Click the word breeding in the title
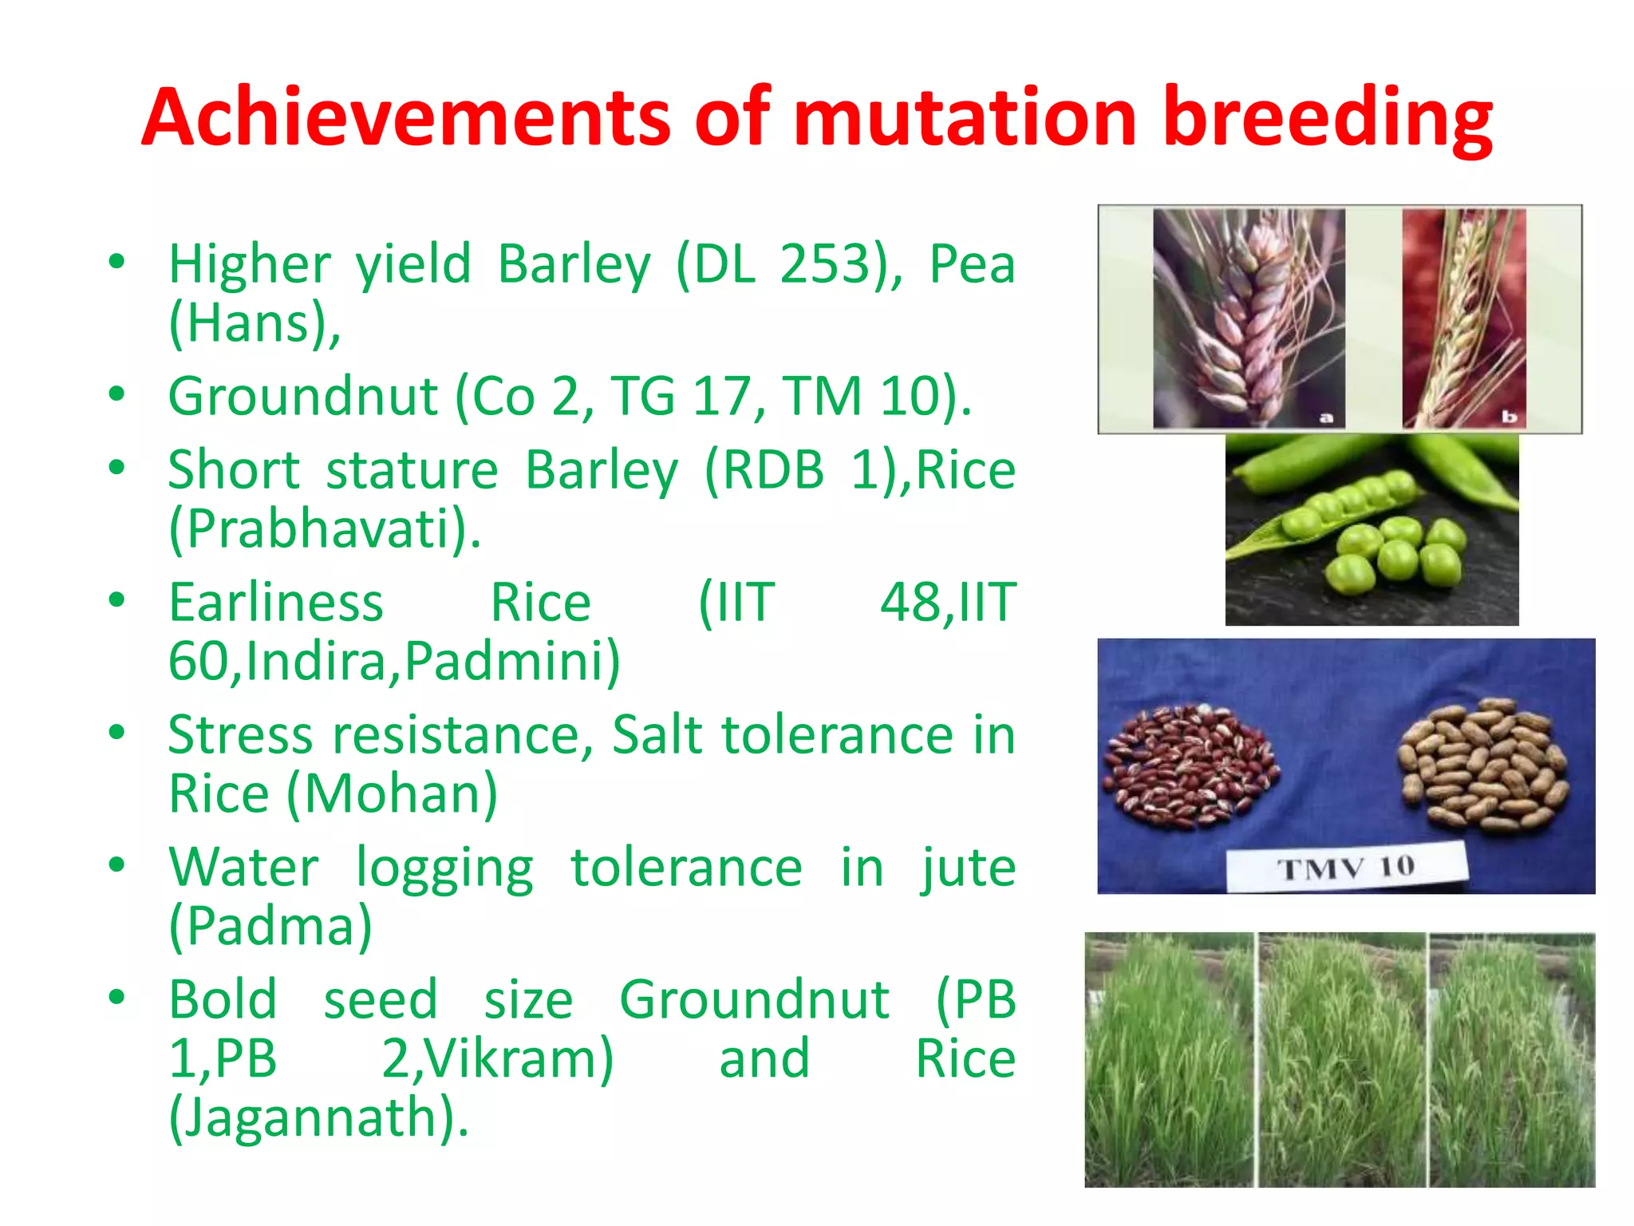(x=1328, y=117)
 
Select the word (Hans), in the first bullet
(x=255, y=323)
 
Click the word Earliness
(x=276, y=602)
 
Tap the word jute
(x=968, y=868)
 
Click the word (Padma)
(x=270, y=926)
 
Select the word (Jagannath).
(x=318, y=1117)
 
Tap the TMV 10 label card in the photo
(x=1346, y=867)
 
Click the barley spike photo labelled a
(x=1249, y=319)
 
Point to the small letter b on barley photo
(x=1509, y=417)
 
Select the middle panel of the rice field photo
(x=1342, y=1060)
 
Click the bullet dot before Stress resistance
(x=117, y=733)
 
